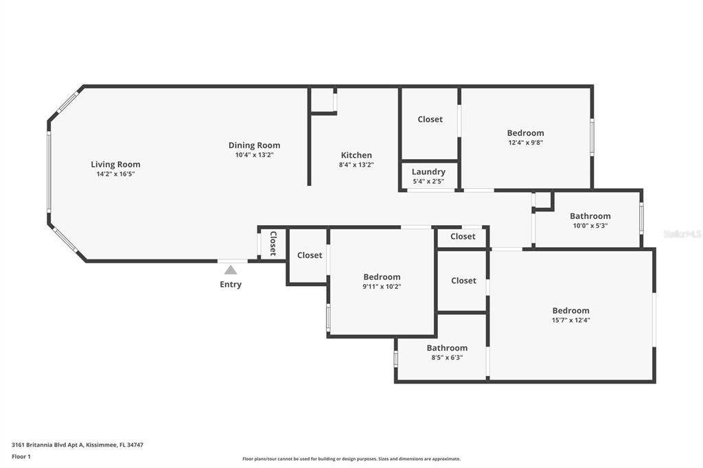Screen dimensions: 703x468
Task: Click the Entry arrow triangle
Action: [x=231, y=270]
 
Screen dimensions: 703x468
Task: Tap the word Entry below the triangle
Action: [x=231, y=284]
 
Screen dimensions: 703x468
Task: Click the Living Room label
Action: [x=115, y=165]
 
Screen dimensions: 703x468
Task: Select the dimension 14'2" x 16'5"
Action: [x=115, y=174]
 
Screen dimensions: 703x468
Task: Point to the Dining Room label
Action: [x=254, y=145]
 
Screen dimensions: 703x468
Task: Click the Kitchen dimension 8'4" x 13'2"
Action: [x=356, y=165]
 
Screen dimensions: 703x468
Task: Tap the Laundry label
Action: [x=428, y=172]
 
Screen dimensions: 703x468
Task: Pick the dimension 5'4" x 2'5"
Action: [x=428, y=182]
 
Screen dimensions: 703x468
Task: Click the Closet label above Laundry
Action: [x=430, y=119]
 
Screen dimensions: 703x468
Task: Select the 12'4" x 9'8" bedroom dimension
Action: [x=525, y=143]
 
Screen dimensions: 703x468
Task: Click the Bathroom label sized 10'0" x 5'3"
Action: [x=590, y=216]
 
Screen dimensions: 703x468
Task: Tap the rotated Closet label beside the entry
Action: [x=273, y=244]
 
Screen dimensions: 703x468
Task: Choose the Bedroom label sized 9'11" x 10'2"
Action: [x=382, y=277]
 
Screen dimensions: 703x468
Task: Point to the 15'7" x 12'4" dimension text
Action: [x=571, y=320]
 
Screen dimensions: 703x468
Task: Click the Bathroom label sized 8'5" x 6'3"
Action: [x=447, y=348]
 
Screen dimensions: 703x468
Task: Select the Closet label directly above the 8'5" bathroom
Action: [x=463, y=281]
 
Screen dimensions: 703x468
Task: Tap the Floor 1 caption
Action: [x=21, y=457]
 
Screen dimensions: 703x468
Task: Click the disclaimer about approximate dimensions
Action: [x=351, y=459]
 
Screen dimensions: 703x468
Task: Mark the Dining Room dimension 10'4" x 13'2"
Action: [x=254, y=155]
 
